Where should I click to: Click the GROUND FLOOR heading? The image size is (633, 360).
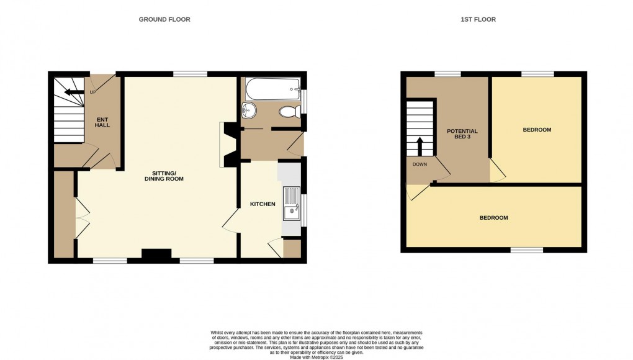point(164,20)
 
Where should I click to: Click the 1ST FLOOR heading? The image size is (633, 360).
point(478,20)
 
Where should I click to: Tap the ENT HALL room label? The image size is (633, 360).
point(102,122)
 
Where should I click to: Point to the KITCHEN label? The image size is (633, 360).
point(263,204)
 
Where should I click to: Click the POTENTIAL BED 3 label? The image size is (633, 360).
point(462,134)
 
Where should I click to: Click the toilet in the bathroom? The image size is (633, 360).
point(289,112)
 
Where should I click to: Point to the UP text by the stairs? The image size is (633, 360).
point(92,92)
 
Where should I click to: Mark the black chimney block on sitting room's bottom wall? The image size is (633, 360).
point(156,254)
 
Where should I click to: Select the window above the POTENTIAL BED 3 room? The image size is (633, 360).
point(447,74)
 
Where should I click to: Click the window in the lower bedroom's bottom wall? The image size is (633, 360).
point(526,250)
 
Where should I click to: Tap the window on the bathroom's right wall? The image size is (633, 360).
point(304,102)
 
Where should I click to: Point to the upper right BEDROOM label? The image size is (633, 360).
point(537,130)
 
